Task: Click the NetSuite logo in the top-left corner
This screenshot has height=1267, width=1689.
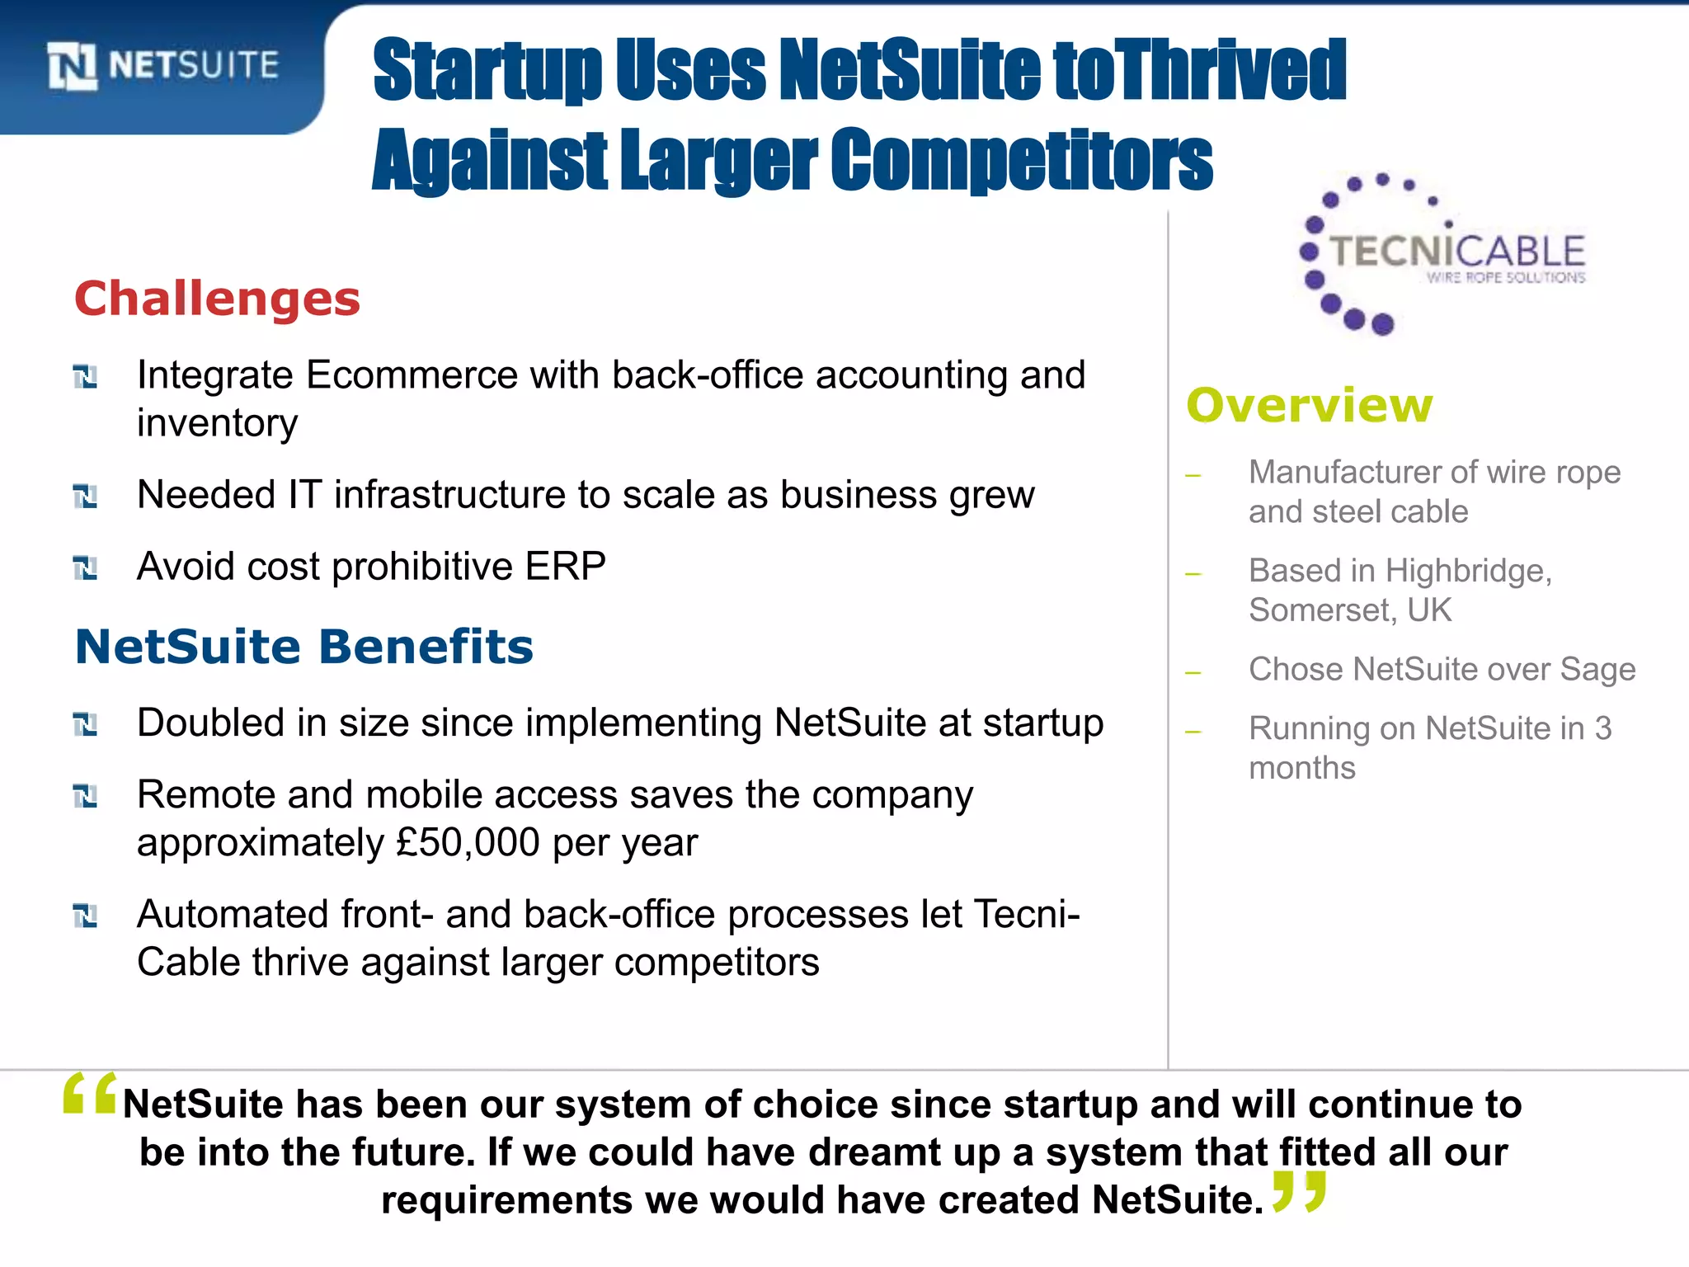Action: pos(163,65)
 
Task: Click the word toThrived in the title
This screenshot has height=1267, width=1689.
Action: pos(1200,72)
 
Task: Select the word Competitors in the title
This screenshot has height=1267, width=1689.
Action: pos(1021,160)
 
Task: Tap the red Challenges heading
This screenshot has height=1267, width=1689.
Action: pos(218,299)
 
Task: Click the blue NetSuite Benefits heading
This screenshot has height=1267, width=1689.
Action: pos(303,647)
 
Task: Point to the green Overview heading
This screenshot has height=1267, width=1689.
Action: pos(1309,406)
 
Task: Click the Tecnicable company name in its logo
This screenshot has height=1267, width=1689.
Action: pos(1457,251)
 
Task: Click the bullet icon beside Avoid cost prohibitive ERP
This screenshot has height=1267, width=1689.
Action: pos(85,568)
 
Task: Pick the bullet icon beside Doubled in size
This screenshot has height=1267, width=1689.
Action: pos(85,724)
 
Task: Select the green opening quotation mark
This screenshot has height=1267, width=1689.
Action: pos(90,1094)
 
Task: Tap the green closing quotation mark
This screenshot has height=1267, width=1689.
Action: pos(1299,1191)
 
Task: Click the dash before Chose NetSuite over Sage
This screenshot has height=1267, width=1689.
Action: pos(1193,673)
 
